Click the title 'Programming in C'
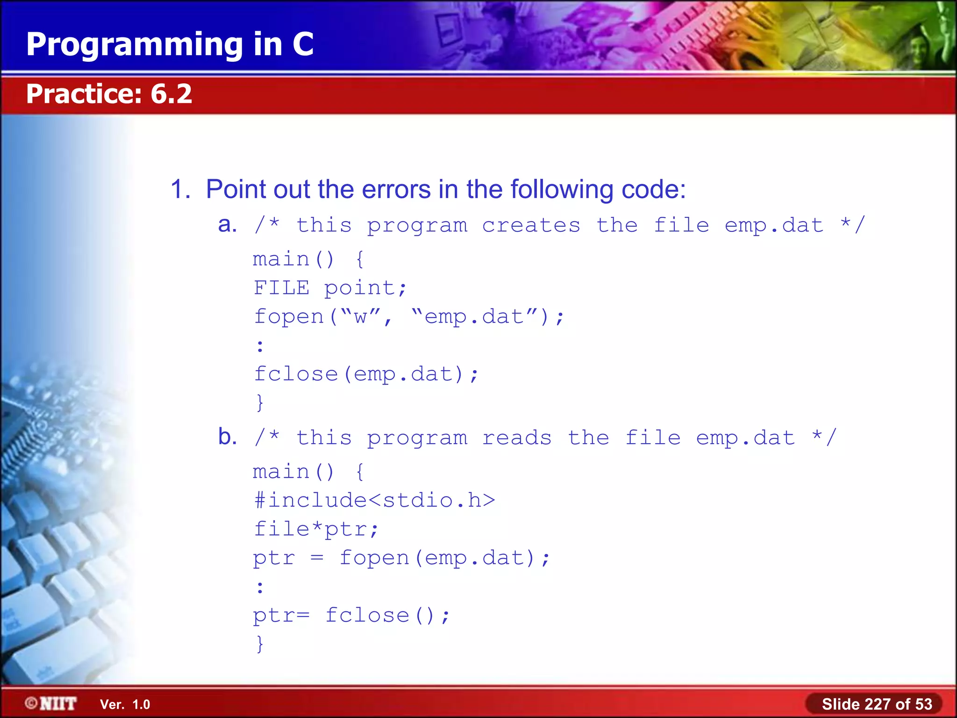click(170, 44)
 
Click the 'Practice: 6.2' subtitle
click(109, 93)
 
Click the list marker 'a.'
click(228, 225)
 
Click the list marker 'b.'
click(228, 437)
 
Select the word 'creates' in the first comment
click(531, 225)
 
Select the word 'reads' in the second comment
click(516, 438)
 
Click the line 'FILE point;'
click(330, 288)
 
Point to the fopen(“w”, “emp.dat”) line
click(409, 317)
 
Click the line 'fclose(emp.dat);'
click(366, 374)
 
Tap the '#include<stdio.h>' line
click(374, 500)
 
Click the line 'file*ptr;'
click(316, 529)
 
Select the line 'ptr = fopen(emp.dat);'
click(401, 558)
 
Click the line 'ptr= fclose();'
click(351, 615)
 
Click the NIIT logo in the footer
click(51, 704)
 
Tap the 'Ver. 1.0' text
click(125, 704)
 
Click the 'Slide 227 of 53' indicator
click(877, 704)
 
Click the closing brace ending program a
click(260, 402)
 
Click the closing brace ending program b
click(260, 644)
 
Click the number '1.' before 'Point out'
click(180, 189)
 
